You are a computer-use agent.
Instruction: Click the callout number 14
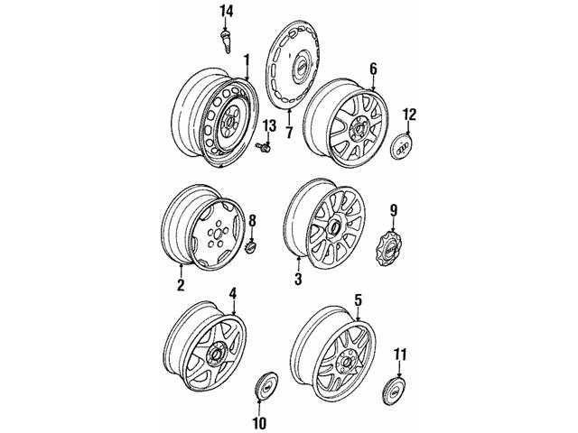click(226, 11)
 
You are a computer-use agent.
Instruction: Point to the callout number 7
click(289, 133)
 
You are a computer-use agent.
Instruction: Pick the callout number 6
click(372, 69)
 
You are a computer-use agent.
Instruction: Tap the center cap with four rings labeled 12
click(405, 148)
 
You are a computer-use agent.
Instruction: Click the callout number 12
click(410, 114)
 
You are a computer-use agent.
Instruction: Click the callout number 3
click(297, 280)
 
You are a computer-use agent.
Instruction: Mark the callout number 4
click(232, 293)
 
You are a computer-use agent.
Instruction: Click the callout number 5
click(358, 299)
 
